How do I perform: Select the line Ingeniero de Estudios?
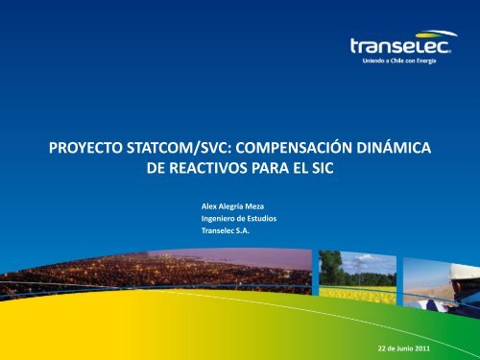tap(231, 218)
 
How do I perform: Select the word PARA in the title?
tap(262, 174)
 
